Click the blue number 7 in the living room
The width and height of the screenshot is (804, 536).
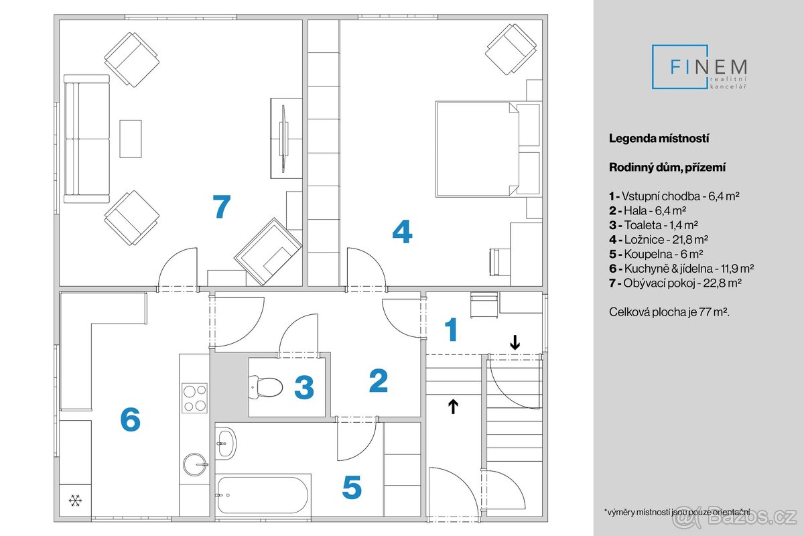click(221, 206)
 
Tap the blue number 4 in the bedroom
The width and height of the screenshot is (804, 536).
click(402, 232)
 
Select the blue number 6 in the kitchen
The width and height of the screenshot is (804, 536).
click(130, 420)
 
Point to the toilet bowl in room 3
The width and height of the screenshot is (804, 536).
click(266, 387)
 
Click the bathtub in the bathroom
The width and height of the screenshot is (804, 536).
click(263, 494)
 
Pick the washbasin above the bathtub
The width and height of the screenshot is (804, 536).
click(225, 442)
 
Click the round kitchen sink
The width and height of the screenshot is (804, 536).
click(195, 462)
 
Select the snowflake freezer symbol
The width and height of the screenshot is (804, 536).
click(75, 500)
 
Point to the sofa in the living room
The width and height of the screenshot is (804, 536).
click(86, 139)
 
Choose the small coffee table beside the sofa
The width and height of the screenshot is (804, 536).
click(131, 139)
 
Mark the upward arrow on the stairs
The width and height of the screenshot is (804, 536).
click(454, 405)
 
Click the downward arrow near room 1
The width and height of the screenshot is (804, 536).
click(515, 342)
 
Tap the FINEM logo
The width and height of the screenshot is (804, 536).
click(700, 68)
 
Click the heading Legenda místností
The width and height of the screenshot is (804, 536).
click(659, 139)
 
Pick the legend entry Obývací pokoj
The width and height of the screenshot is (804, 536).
click(675, 283)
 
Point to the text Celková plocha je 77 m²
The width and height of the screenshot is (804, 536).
click(669, 312)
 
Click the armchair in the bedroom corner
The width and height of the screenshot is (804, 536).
click(511, 50)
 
